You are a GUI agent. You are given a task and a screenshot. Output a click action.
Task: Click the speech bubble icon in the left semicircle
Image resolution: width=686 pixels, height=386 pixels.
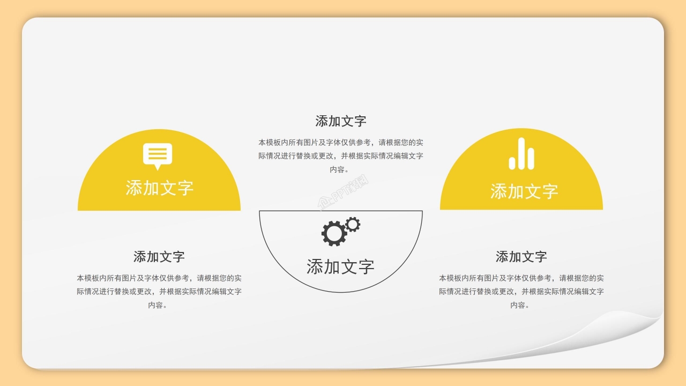click(158, 155)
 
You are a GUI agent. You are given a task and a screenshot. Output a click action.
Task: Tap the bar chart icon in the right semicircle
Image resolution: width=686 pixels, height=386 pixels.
click(521, 154)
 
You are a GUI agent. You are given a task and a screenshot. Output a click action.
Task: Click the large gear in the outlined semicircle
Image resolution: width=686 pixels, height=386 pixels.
click(334, 234)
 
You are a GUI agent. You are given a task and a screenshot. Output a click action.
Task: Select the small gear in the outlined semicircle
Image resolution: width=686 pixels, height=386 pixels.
click(353, 224)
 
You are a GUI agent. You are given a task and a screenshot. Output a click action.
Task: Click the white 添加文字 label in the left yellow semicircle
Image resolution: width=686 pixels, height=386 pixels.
click(159, 188)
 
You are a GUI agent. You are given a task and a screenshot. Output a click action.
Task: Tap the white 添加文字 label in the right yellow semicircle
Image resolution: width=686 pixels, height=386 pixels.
click(524, 191)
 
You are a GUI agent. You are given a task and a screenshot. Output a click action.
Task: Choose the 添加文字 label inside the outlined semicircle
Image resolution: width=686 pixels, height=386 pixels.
click(340, 266)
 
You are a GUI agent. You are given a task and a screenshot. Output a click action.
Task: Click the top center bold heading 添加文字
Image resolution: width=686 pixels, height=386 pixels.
click(341, 121)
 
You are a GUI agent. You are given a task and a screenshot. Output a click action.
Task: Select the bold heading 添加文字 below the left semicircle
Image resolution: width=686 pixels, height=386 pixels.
click(159, 257)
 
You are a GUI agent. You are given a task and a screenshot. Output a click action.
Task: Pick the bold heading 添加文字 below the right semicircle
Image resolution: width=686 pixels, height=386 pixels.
click(521, 257)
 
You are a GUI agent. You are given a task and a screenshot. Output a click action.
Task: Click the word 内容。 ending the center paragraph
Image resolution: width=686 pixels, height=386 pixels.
click(341, 169)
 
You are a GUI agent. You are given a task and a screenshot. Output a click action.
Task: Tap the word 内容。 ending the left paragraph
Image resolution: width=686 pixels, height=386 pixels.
click(159, 305)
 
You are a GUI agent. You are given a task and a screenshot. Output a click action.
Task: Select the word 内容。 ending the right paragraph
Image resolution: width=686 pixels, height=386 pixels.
click(521, 305)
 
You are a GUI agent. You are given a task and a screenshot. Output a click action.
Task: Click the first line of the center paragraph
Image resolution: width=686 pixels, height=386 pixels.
click(341, 143)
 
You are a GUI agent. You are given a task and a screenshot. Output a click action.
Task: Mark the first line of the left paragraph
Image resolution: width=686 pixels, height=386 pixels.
click(159, 278)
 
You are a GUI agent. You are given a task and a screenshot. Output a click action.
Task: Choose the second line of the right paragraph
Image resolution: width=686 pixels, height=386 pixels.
click(521, 292)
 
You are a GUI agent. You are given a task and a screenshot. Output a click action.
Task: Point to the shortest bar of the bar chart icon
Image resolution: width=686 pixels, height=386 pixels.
click(512, 162)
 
